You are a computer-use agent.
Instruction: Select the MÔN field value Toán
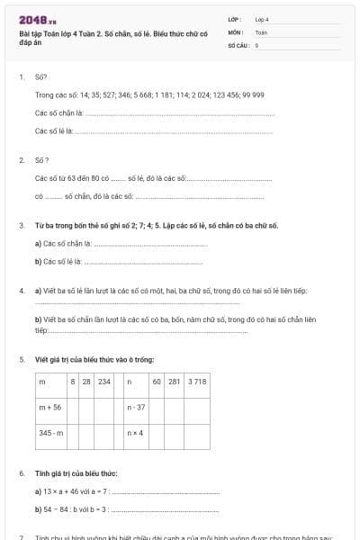pyautogui.click(x=261, y=31)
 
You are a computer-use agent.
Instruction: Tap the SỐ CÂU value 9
pyautogui.click(x=256, y=44)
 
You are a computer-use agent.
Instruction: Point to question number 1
pyautogui.click(x=22, y=77)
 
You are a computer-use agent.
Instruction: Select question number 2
pyautogui.click(x=22, y=159)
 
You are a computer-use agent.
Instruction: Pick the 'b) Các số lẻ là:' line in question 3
pyautogui.click(x=58, y=262)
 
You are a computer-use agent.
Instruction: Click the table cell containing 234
pyautogui.click(x=104, y=382)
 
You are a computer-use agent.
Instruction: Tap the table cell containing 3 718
pyautogui.click(x=197, y=382)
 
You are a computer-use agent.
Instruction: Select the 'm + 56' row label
pyautogui.click(x=50, y=408)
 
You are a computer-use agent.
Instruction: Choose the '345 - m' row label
pyautogui.click(x=51, y=433)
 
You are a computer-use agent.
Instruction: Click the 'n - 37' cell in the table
pyautogui.click(x=137, y=408)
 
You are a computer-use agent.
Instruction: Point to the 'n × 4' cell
pyautogui.click(x=136, y=433)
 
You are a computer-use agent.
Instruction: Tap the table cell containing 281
pyautogui.click(x=175, y=382)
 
